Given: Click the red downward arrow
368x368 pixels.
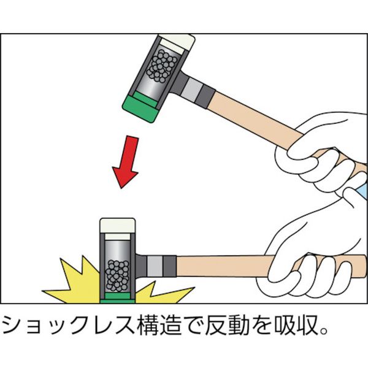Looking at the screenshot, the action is (126, 162).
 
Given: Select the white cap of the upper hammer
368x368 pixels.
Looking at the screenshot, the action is (178, 44).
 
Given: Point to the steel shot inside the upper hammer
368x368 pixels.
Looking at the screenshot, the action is (162, 66).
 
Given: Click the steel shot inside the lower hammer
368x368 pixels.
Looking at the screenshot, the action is (117, 275).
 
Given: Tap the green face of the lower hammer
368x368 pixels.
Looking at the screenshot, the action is (117, 298).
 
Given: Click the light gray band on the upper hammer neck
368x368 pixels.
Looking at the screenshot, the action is (192, 90).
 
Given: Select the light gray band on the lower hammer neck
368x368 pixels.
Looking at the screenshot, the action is (155, 266).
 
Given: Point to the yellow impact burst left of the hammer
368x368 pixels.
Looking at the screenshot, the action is (75, 284).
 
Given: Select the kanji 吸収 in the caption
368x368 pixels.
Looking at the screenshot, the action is (295, 325).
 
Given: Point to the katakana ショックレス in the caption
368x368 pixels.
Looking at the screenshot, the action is (69, 325).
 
